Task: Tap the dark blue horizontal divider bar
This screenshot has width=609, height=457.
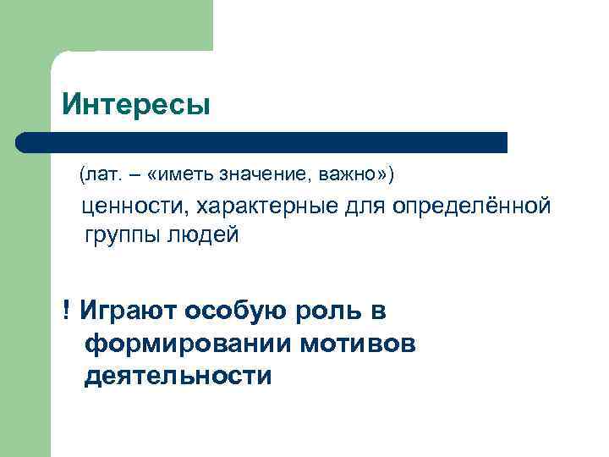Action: (x=262, y=142)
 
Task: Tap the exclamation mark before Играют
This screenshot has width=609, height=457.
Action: (x=65, y=311)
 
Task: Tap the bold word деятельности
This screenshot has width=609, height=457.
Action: (x=178, y=376)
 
